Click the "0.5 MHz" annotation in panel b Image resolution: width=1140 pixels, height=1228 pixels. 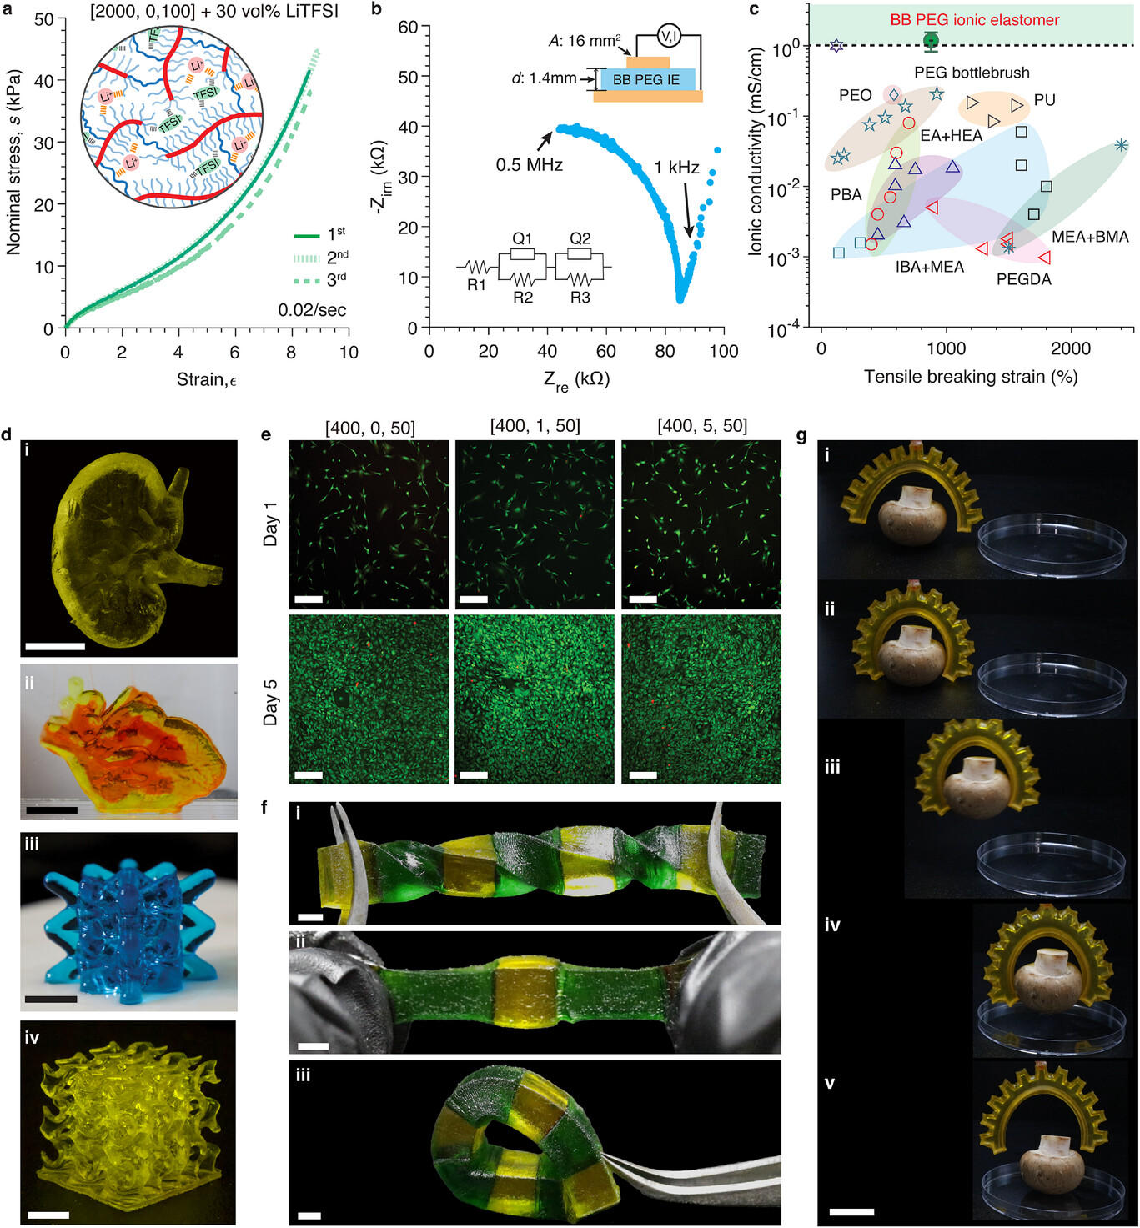[x=529, y=165]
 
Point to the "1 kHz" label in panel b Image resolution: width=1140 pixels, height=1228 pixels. [x=676, y=168]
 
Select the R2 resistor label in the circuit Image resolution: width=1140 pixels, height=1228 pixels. [x=523, y=298]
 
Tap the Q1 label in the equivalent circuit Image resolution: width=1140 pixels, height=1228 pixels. [x=522, y=238]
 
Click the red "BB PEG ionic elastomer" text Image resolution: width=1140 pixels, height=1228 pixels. [x=974, y=20]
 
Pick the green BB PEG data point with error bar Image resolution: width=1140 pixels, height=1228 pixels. [x=932, y=40]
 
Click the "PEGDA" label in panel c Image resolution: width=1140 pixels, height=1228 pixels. [x=1023, y=279]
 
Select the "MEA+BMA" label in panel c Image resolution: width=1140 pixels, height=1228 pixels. [x=1090, y=237]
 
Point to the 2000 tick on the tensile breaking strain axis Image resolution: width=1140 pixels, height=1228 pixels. [x=1070, y=348]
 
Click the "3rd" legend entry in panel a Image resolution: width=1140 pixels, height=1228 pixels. [x=336, y=278]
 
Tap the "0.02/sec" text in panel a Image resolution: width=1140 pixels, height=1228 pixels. [x=312, y=310]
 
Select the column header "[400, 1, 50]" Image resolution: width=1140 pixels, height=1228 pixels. [x=535, y=426]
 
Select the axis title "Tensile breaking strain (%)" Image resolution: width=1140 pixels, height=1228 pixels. [x=971, y=377]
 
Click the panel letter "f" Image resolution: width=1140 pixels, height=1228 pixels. [x=264, y=807]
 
